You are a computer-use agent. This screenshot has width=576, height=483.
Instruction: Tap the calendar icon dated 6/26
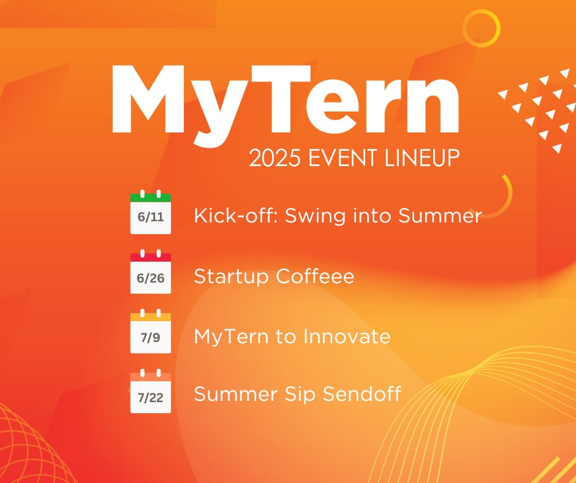(x=151, y=273)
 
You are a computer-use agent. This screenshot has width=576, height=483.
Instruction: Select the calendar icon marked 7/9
(x=151, y=332)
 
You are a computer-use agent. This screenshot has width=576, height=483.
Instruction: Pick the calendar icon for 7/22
(x=151, y=392)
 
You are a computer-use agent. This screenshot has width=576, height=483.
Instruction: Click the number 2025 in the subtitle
(x=270, y=158)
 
